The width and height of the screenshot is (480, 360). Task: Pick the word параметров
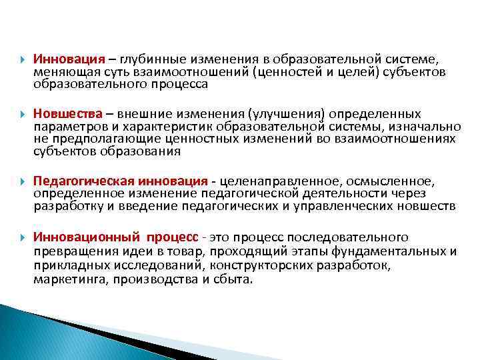click(x=63, y=126)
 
